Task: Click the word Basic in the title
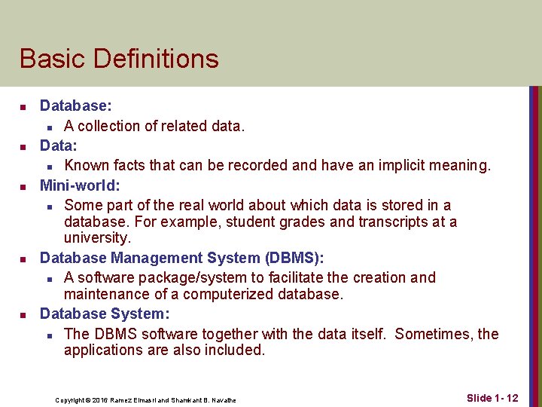[x=47, y=59]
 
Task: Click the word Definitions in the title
[x=150, y=59]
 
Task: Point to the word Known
[x=85, y=165]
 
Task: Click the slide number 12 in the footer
[x=511, y=397]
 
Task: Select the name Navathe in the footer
[x=222, y=400]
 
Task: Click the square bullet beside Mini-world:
[x=24, y=185]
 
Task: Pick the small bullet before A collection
[x=48, y=127]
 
